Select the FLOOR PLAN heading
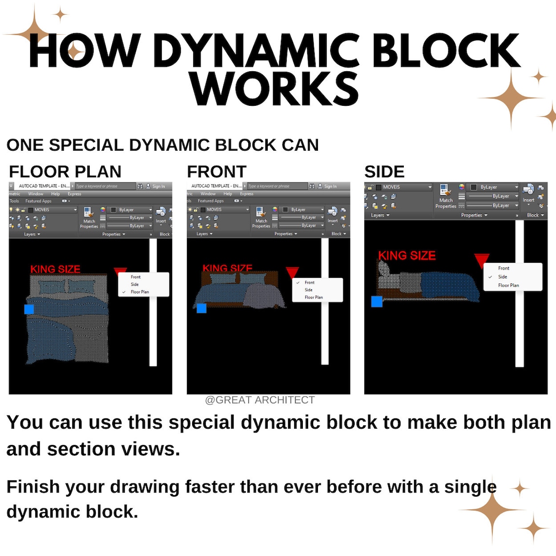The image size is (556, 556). (65, 172)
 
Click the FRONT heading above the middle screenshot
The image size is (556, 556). (217, 172)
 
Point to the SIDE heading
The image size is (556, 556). (384, 172)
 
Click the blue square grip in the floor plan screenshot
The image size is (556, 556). (29, 309)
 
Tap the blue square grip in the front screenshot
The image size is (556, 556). (201, 308)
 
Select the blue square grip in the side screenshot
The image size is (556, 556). (377, 301)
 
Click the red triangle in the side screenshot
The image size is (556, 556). (481, 260)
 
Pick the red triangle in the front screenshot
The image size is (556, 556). (292, 272)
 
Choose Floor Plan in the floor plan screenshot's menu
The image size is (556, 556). (139, 292)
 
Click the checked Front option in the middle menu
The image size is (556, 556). (309, 282)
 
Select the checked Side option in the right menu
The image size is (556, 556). (502, 277)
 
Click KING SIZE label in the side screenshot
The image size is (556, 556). (407, 255)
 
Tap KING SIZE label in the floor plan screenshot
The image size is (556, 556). (55, 269)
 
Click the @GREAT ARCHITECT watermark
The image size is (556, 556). (259, 400)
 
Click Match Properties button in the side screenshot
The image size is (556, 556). (446, 197)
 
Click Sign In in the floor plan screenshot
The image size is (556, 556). (159, 186)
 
